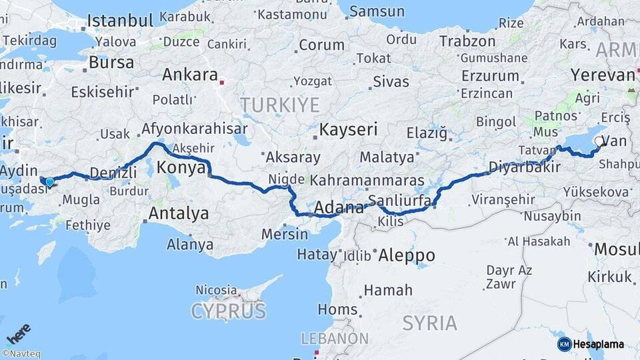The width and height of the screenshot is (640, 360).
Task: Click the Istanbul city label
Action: (x=117, y=19)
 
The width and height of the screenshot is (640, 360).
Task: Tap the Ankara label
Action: (x=190, y=74)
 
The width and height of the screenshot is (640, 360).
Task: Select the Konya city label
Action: (x=181, y=167)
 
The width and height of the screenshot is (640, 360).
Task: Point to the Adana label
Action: (x=339, y=207)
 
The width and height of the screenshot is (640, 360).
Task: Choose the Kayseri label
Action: (x=348, y=129)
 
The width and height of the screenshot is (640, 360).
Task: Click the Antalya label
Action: (x=178, y=214)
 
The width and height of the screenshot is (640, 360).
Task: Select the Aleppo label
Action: (x=406, y=255)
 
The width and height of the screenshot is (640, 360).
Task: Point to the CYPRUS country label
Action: (x=229, y=311)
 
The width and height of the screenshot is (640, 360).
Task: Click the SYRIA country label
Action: (x=430, y=323)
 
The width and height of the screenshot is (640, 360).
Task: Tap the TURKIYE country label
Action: (x=280, y=105)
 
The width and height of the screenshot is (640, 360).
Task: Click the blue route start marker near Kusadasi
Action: (x=49, y=181)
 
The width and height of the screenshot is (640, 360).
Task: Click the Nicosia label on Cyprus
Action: (x=216, y=290)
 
